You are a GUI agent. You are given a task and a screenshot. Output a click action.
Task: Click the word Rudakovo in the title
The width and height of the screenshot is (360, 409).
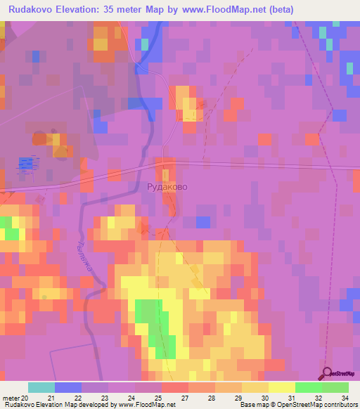pos(32,9)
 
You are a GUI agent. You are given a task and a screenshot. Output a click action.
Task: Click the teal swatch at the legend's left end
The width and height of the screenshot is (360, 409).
pos(41,387)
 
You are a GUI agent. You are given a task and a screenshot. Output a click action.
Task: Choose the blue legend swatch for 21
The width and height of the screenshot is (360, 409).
pos(68,387)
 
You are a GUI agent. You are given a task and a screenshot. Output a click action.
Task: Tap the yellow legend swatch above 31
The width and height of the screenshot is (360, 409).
pos(282,387)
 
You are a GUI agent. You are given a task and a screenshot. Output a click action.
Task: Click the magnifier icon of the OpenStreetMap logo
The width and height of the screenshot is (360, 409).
pos(327,372)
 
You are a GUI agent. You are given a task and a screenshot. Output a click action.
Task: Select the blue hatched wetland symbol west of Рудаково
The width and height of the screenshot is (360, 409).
pos(25,164)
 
